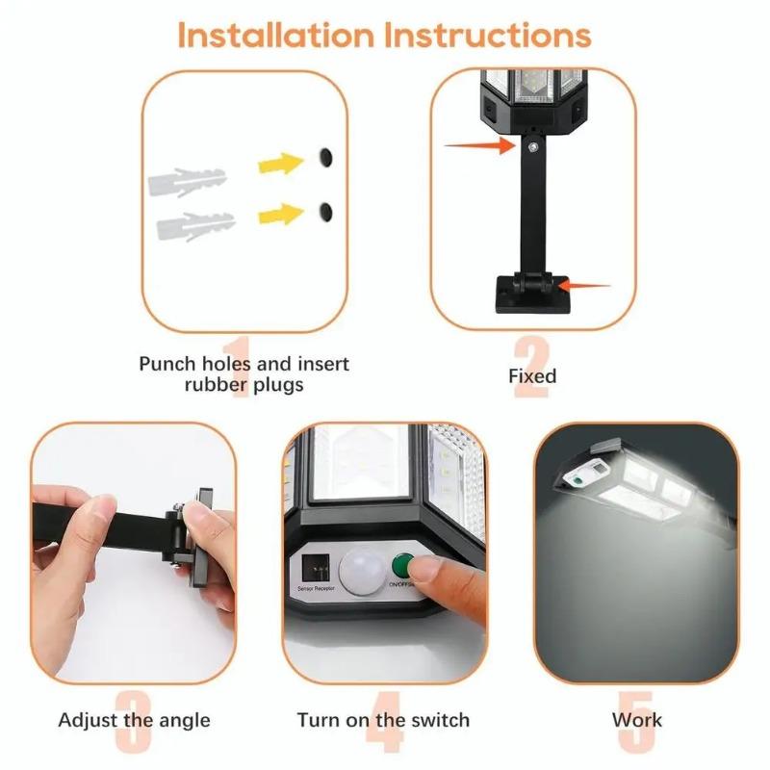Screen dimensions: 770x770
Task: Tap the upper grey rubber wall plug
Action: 187,181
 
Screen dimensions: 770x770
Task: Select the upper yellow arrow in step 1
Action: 281,162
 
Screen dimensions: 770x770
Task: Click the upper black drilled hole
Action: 325,155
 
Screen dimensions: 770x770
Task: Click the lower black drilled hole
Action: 326,209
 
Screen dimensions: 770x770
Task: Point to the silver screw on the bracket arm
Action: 531,147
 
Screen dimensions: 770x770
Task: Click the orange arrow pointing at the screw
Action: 478,145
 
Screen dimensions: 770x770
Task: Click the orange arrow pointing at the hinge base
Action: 584,286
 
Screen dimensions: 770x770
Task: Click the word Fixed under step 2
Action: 532,375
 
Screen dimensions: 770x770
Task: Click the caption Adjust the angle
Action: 134,720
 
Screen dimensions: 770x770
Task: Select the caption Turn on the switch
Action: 383,720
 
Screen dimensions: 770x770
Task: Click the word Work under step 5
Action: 637,720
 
